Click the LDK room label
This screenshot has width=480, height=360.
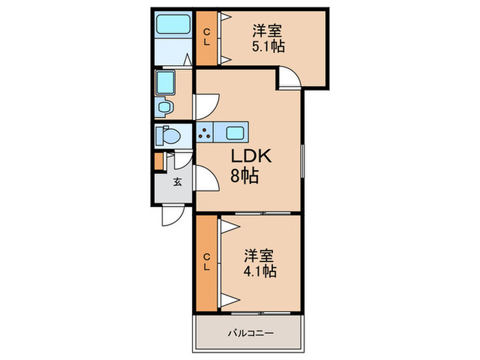[251, 156]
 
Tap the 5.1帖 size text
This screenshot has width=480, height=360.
[269, 47]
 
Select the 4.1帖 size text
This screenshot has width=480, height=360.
[260, 272]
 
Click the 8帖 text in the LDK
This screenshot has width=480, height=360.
[245, 176]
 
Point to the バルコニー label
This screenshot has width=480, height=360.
[250, 333]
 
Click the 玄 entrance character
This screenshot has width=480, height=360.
[178, 182]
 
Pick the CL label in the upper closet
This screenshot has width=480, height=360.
[207, 37]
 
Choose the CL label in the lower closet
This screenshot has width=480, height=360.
[207, 262]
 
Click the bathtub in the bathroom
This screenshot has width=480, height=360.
[173, 23]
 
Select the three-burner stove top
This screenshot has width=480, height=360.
[205, 132]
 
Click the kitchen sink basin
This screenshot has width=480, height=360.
[235, 133]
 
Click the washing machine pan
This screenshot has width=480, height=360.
[165, 82]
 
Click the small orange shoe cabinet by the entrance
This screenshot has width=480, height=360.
[159, 160]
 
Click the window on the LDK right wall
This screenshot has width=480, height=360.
[302, 160]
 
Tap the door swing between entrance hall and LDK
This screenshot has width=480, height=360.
[207, 179]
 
